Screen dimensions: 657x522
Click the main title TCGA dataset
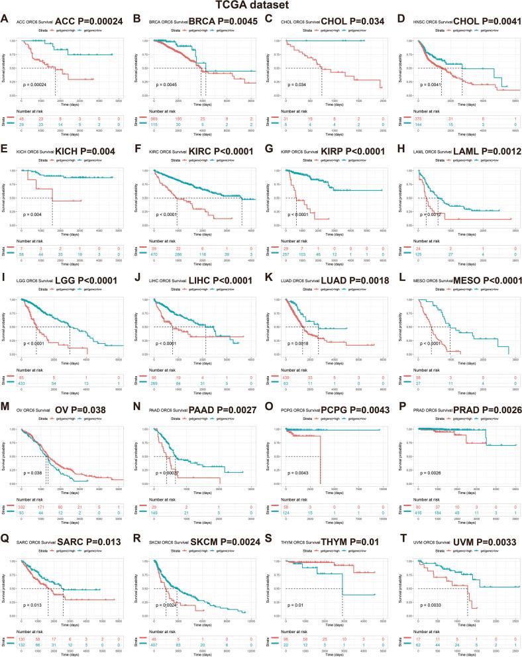tap(260, 6)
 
